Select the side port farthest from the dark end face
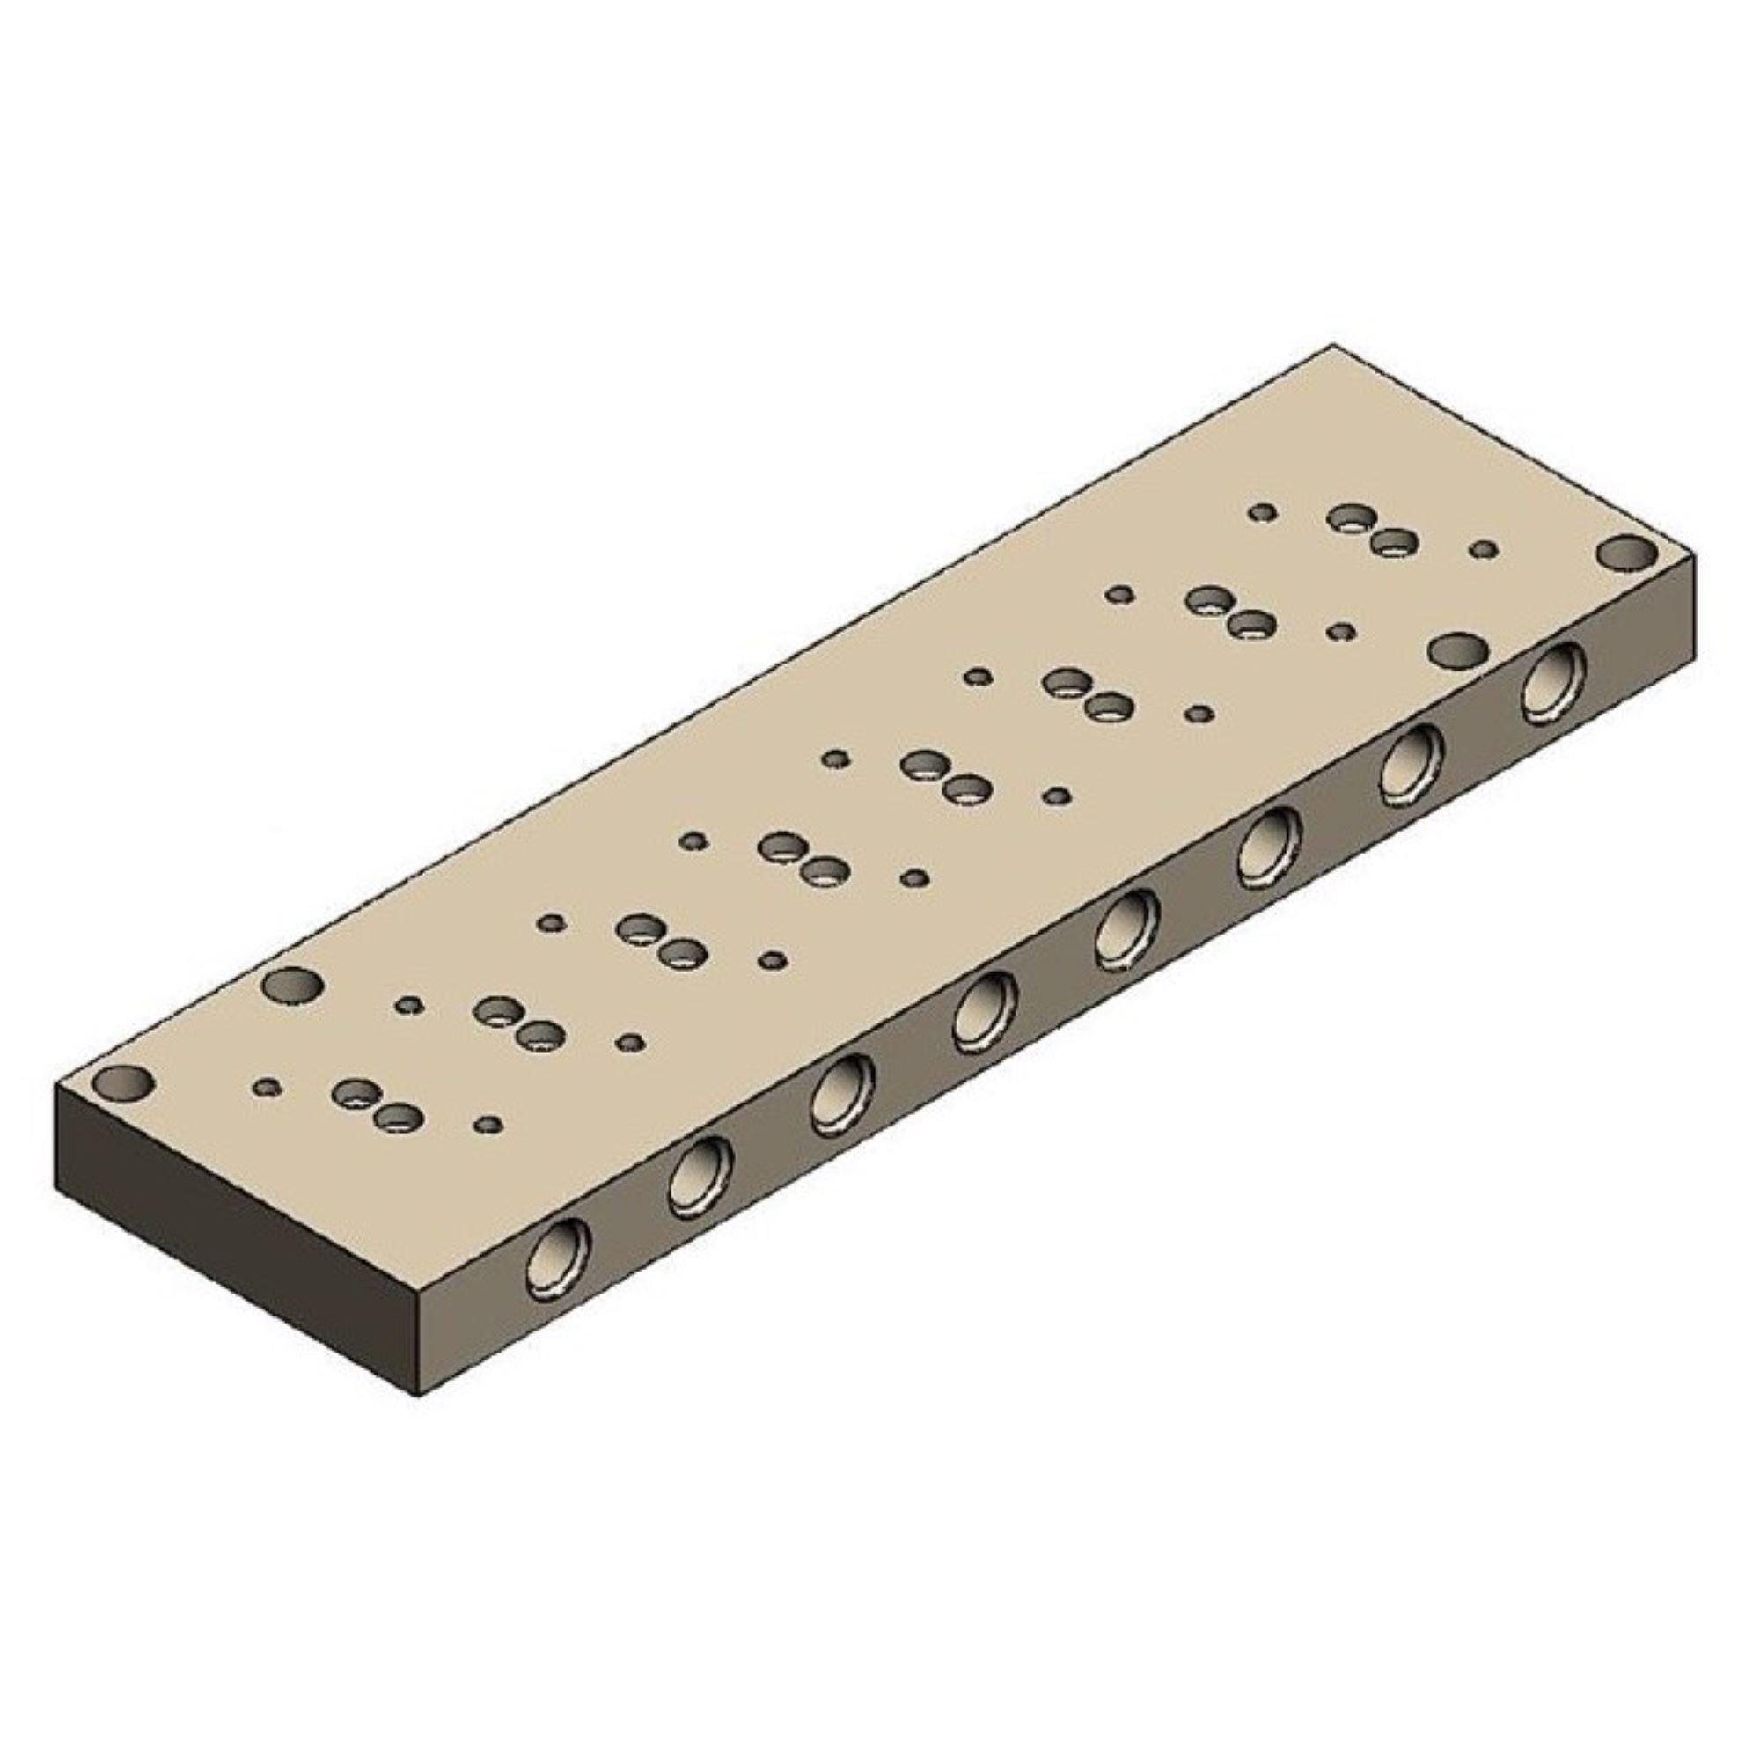pyautogui.click(x=1556, y=681)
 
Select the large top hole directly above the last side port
pyautogui.click(x=1458, y=651)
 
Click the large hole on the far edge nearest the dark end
pyautogui.click(x=292, y=986)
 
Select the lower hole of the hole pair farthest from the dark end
pyautogui.click(x=1392, y=546)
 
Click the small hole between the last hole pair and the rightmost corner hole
pyautogui.click(x=1484, y=549)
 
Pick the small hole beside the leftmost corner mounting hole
pyautogui.click(x=266, y=1086)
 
